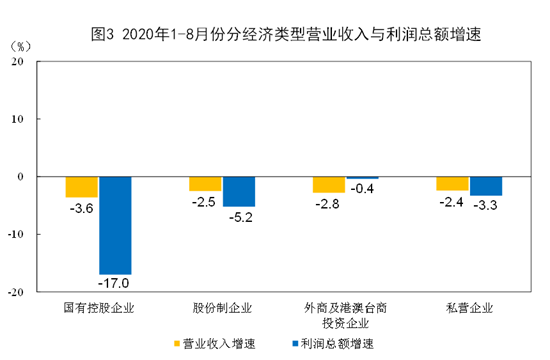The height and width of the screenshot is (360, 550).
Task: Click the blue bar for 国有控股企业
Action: pos(115,225)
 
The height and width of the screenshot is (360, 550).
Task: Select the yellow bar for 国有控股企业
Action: pos(82,187)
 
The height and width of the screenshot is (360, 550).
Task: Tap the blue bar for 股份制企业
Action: pos(239,192)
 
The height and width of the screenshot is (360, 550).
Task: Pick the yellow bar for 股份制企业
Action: pos(205,184)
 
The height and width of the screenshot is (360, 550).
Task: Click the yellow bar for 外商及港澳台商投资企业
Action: pos(329,185)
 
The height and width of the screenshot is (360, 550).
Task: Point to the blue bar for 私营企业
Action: pos(486,186)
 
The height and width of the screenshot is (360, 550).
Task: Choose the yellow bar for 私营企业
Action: pos(452,184)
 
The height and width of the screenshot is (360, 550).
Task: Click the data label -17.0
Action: pos(114,283)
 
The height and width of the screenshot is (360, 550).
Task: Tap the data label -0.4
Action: pos(362,188)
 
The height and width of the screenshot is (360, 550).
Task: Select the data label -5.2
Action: pos(241,218)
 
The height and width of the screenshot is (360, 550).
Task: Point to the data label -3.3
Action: pos(485,205)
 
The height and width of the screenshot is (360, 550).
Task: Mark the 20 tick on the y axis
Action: pos(17,61)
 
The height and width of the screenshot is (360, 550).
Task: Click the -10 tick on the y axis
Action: pos(15,234)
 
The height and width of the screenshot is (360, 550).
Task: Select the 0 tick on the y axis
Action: pos(20,176)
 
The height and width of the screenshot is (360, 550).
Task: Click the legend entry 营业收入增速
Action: pos(215,344)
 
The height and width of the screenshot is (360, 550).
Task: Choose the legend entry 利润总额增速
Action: pos(333,344)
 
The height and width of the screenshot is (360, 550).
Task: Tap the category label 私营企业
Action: pos(469,308)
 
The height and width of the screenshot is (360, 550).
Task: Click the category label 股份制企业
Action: pos(222,308)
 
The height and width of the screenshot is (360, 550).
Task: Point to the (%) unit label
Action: pos(20,46)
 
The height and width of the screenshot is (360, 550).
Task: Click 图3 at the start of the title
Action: pos(102,34)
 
